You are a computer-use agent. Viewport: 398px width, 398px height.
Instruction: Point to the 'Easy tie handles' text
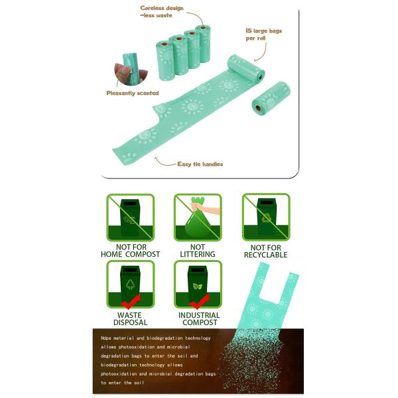200,164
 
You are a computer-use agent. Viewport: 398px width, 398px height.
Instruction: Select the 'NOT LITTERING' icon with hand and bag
198,220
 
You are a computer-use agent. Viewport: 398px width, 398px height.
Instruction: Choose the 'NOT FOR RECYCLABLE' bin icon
265,220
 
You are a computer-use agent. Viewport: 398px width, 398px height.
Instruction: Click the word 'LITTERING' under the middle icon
198,255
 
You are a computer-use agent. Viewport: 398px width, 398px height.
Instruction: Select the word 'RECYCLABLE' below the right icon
265,255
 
